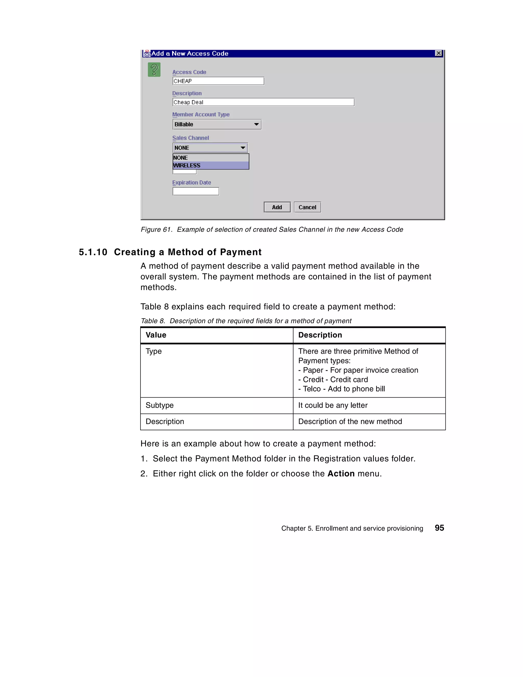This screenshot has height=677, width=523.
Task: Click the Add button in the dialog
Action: [277, 207]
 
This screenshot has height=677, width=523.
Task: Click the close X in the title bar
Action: [438, 53]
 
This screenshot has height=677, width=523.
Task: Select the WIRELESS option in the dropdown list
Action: [210, 165]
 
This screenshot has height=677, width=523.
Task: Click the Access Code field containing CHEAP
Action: [218, 81]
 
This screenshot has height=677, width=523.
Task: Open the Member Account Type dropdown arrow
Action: [256, 124]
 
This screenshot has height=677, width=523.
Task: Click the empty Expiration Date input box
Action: [196, 192]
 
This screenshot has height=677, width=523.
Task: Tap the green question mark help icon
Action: [154, 69]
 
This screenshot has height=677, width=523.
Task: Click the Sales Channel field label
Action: [190, 138]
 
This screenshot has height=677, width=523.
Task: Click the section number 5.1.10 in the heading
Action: [93, 252]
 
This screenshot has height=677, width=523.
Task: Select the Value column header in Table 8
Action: [156, 335]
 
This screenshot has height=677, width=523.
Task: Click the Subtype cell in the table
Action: [160, 405]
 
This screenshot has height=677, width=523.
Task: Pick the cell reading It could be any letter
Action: [333, 405]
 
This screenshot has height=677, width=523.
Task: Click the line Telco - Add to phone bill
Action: [341, 389]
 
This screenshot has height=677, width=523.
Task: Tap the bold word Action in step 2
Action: [341, 474]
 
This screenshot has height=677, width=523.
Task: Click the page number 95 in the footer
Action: [439, 528]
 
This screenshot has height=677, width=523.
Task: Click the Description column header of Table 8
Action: [320, 335]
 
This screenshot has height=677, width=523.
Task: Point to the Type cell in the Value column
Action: [154, 351]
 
